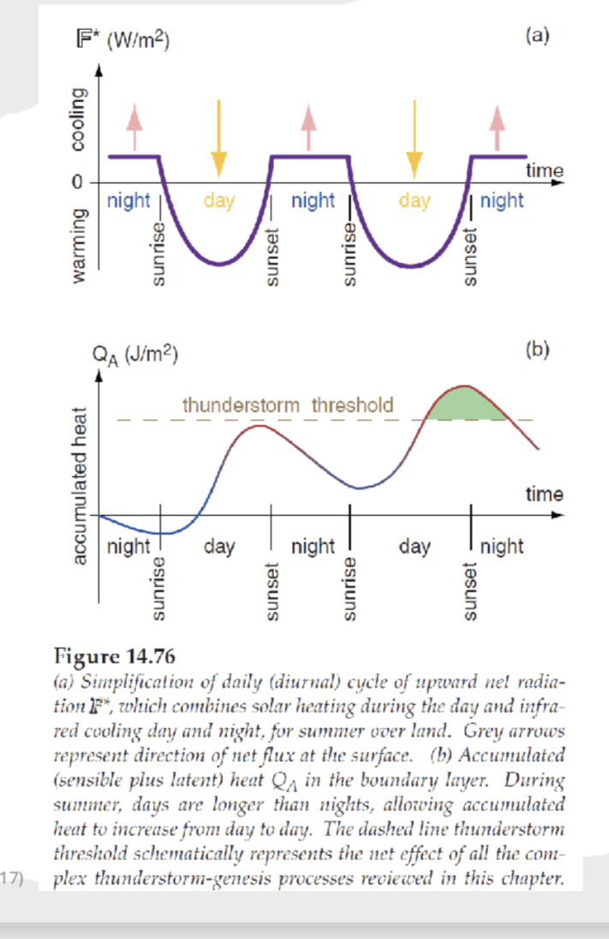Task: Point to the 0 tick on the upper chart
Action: coord(76,184)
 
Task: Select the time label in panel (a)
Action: coord(544,170)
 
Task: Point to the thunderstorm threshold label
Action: coord(288,404)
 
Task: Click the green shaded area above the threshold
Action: coord(467,404)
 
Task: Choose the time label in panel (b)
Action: coord(544,494)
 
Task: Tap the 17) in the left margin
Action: coord(15,876)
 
